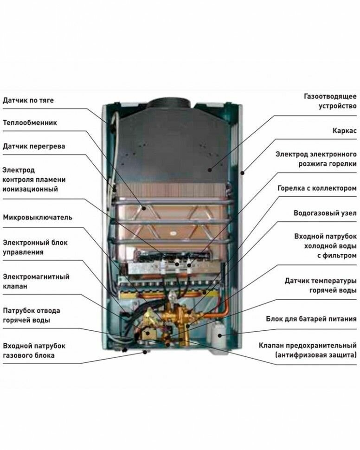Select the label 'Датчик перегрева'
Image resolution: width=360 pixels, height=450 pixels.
point(34,146)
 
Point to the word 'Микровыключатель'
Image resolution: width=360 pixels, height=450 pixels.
point(38,217)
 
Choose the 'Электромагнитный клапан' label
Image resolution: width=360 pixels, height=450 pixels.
point(36,282)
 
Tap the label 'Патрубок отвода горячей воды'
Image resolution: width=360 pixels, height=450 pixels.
point(32,315)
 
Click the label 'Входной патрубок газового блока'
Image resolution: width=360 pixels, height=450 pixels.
point(34,351)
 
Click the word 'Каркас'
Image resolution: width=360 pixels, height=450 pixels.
point(345,131)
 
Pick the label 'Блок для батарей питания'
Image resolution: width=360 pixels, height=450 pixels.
point(311,319)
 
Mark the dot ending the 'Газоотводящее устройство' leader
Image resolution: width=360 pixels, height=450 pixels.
point(210,170)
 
